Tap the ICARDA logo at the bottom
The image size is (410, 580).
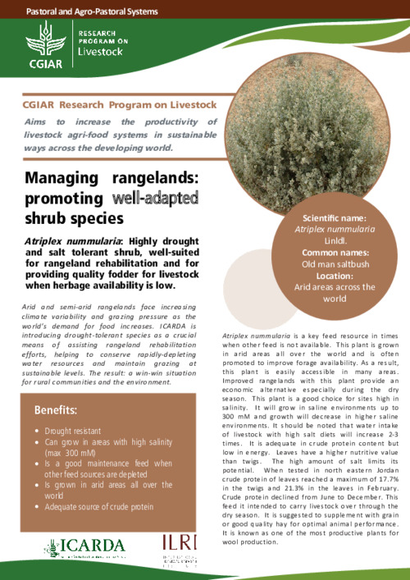tap(85, 546)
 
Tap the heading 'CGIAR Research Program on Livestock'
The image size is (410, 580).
tap(120, 104)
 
